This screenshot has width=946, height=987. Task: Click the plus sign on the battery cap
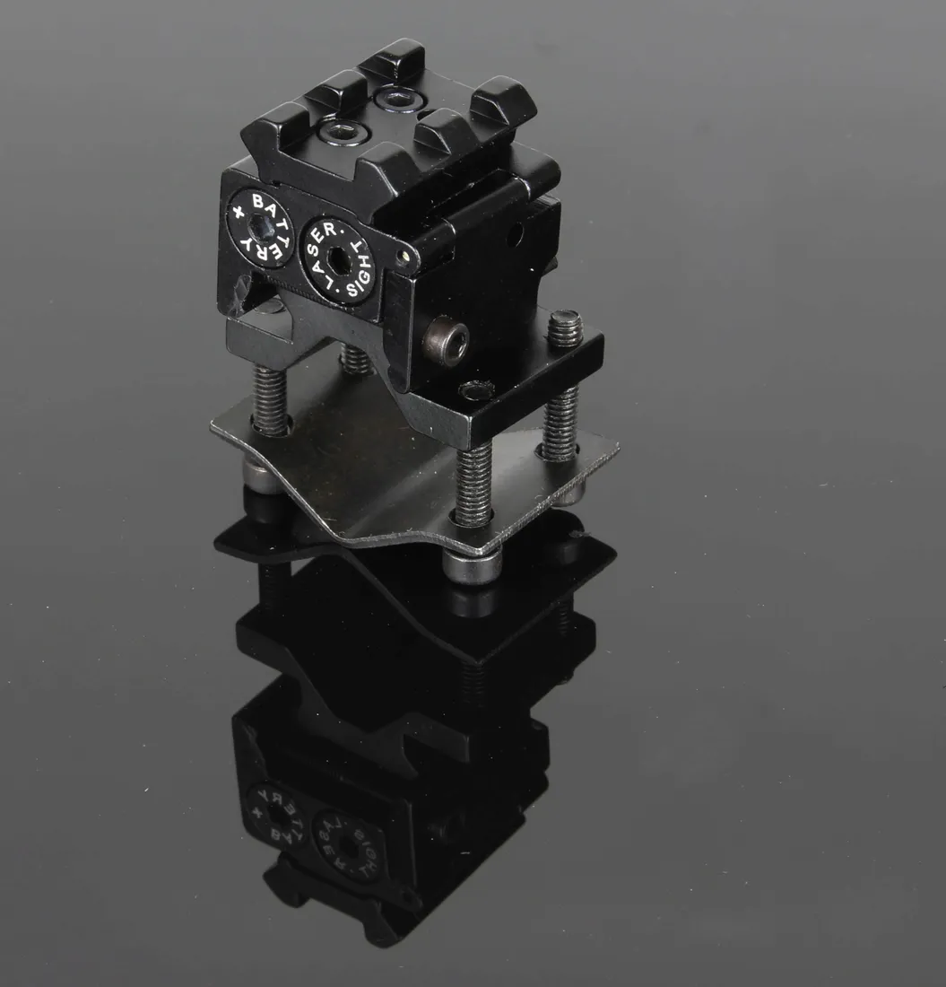(237, 212)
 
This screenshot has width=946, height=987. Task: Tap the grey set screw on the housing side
(447, 341)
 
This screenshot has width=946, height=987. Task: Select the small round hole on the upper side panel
(516, 236)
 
